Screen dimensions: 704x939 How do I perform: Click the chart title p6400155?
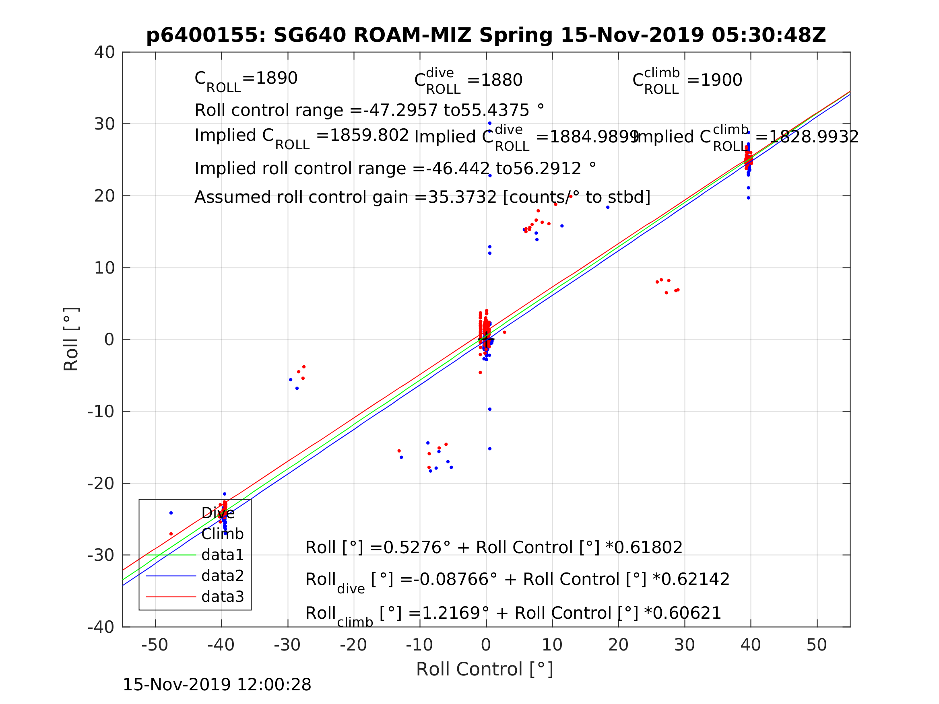pyautogui.click(x=486, y=35)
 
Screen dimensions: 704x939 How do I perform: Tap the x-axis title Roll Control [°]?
pyautogui.click(x=484, y=669)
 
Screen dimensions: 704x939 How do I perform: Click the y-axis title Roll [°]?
pyautogui.click(x=71, y=339)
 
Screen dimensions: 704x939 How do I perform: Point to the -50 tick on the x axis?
pyautogui.click(x=155, y=645)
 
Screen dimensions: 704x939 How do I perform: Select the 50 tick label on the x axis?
pyautogui.click(x=816, y=645)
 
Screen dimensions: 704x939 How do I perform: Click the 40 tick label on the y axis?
pyautogui.click(x=104, y=53)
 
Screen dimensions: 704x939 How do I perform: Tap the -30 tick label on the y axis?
pyautogui.click(x=101, y=555)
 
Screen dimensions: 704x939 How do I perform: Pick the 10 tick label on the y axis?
pyautogui.click(x=104, y=268)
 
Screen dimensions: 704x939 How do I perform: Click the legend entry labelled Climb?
pyautogui.click(x=222, y=534)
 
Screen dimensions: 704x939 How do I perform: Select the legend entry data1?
pyautogui.click(x=222, y=555)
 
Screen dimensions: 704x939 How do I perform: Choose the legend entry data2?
pyautogui.click(x=222, y=576)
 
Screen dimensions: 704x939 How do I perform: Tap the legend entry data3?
pyautogui.click(x=222, y=597)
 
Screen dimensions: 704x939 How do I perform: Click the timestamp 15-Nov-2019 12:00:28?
pyautogui.click(x=217, y=685)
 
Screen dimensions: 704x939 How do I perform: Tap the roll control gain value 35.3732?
pyautogui.click(x=462, y=198)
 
